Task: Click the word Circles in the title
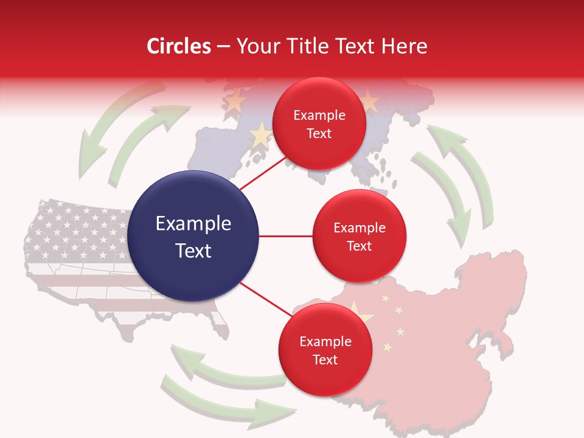coord(179,46)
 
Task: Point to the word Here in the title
coord(404,46)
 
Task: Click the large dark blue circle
coord(193,236)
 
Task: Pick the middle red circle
coord(359,236)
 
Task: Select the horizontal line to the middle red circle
coord(286,236)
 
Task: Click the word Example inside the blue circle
coord(193,224)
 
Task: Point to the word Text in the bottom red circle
coord(325,360)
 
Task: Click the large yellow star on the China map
coord(360,311)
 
